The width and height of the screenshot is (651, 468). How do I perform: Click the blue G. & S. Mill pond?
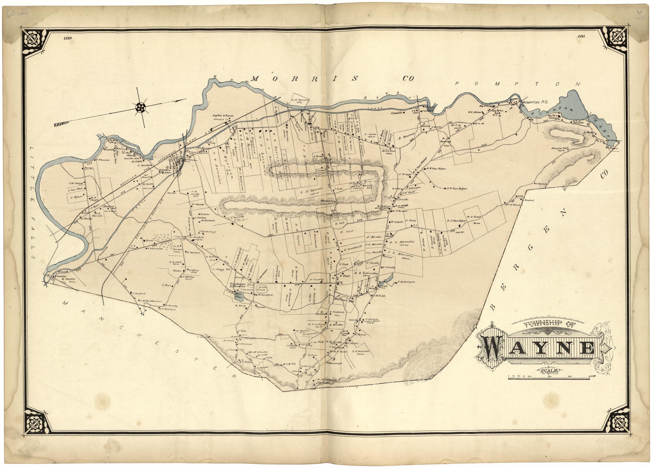click(x=238, y=296)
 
